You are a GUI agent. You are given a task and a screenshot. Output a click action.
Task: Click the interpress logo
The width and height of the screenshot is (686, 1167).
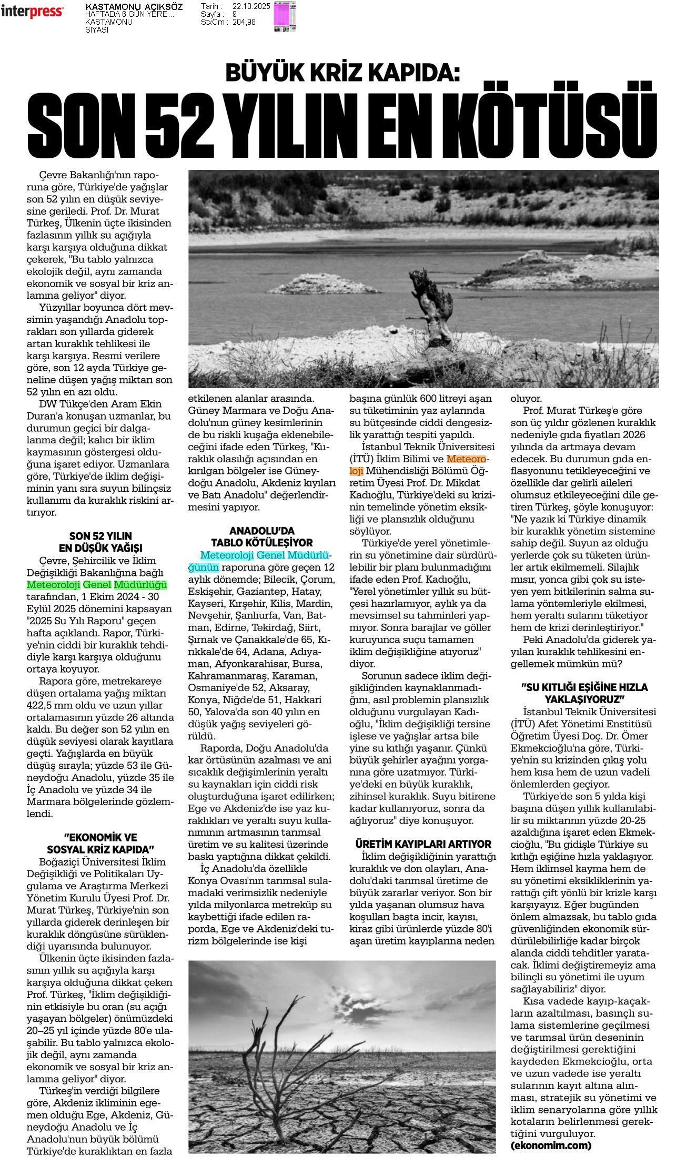coord(33,12)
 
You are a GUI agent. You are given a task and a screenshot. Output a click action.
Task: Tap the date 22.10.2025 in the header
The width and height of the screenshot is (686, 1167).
coord(251,6)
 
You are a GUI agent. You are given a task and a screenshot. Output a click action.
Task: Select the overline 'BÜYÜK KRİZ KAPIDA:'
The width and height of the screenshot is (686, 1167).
coord(342,73)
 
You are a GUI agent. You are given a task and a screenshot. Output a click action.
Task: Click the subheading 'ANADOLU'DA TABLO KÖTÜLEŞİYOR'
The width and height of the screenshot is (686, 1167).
coord(261,536)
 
